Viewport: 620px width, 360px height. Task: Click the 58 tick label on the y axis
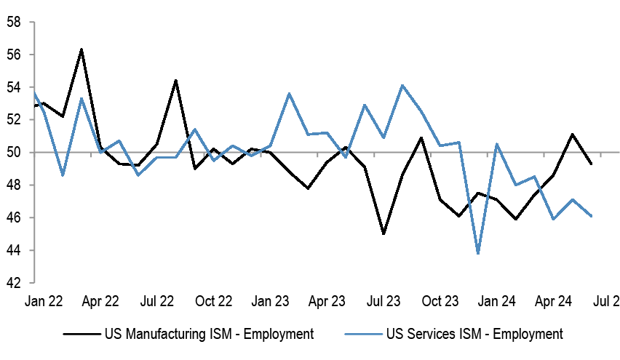pos(12,22)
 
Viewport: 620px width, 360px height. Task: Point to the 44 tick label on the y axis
pos(12,250)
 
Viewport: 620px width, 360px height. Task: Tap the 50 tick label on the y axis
pos(12,153)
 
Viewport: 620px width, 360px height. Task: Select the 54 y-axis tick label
pos(12,87)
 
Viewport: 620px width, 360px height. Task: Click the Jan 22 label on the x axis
pos(43,300)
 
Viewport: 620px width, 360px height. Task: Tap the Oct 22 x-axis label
pos(213,300)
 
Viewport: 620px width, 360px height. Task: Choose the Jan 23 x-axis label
pos(270,300)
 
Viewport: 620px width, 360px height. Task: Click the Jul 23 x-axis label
pos(383,300)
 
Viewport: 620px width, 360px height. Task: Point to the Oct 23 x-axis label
pos(440,300)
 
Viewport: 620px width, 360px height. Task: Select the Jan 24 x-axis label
pos(497,300)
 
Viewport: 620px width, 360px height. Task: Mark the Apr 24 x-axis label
pos(554,300)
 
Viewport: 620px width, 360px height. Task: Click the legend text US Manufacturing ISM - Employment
pos(209,335)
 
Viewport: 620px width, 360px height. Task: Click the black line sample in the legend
pos(80,335)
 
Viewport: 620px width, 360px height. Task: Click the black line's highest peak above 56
pos(82,49)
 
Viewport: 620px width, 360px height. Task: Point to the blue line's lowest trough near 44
pos(478,253)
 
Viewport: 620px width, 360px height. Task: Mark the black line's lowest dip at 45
pos(383,233)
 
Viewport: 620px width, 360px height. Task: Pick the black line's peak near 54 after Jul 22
pos(176,81)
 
